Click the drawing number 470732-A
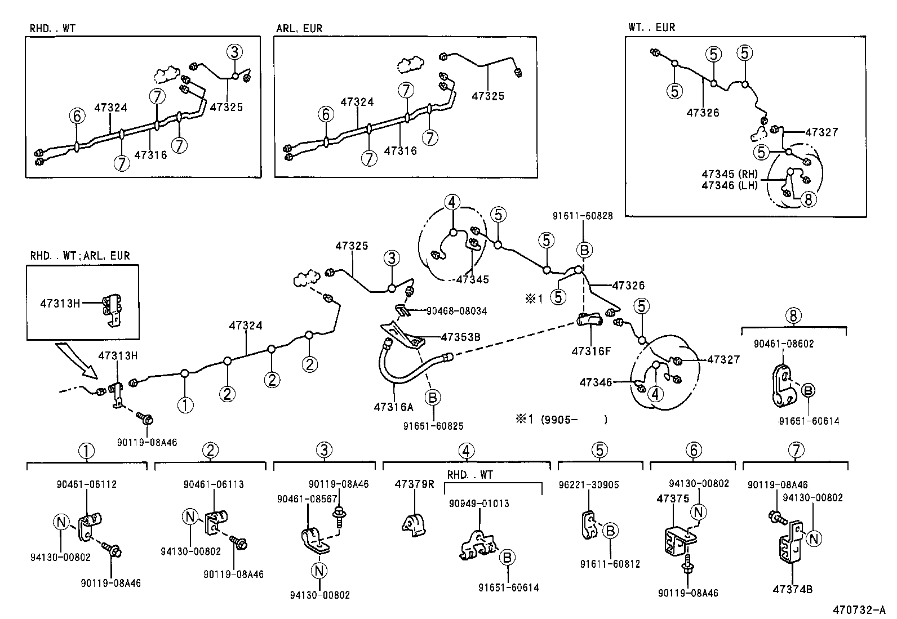click(859, 610)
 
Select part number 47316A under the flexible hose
click(393, 406)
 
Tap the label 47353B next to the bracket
click(460, 337)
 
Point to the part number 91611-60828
click(582, 215)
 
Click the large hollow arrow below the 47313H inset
click(77, 362)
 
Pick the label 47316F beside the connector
click(591, 351)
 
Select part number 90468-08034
click(456, 311)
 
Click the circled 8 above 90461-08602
click(793, 315)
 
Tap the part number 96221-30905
click(588, 484)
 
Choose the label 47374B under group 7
click(792, 590)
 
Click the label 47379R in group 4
click(414, 484)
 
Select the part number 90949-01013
click(479, 503)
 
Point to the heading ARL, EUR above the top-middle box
click(299, 29)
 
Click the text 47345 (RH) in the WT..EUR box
click(730, 174)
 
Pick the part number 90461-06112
click(87, 484)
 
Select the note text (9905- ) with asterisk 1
click(561, 419)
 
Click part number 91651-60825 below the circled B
click(433, 426)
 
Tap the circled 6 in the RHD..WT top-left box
click(77, 116)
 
